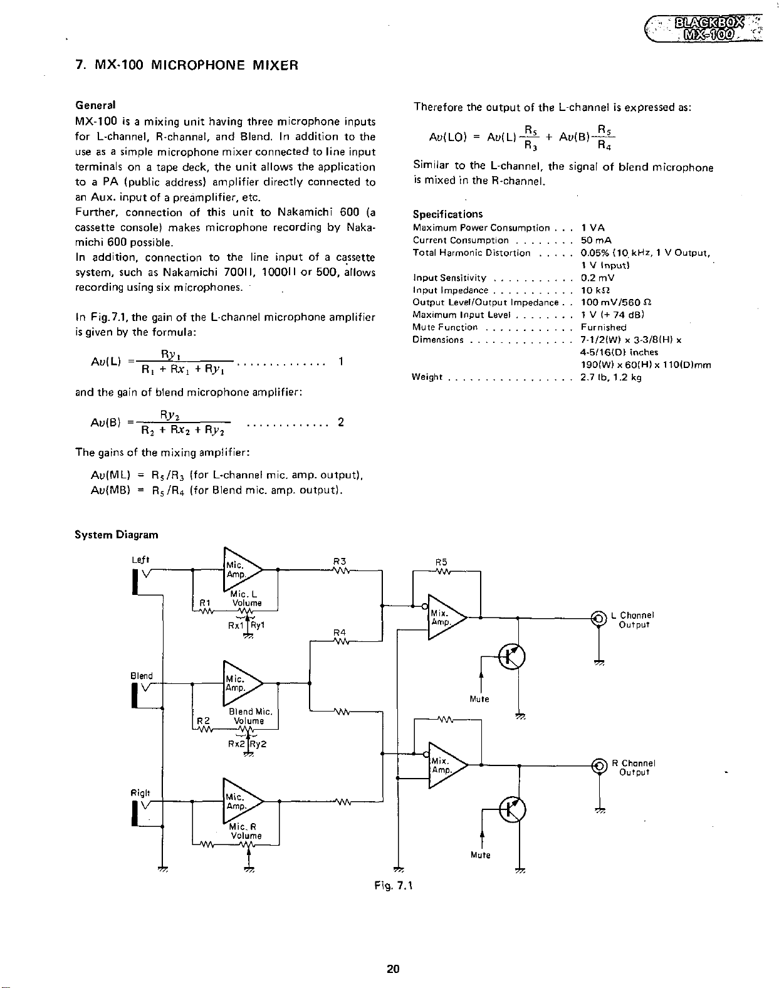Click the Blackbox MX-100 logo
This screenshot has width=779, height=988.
click(708, 27)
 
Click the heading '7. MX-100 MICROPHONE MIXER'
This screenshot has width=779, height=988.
click(186, 65)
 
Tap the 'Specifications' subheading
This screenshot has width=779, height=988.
click(447, 214)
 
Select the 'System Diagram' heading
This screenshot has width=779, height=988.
click(116, 535)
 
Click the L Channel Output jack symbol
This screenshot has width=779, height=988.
click(599, 618)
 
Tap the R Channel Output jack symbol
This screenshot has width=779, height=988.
click(599, 765)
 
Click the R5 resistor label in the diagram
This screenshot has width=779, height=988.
click(441, 562)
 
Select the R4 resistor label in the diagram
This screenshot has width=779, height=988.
click(340, 631)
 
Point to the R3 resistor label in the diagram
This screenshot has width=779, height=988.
click(340, 561)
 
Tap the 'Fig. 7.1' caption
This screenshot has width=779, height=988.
click(389, 885)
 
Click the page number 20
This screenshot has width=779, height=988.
click(393, 969)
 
